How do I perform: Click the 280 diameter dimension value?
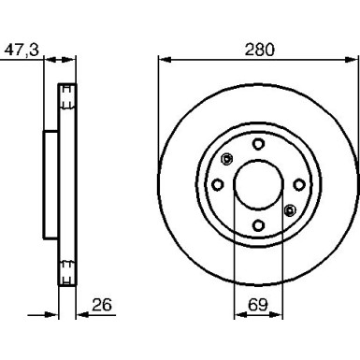pos(258,50)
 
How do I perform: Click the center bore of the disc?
pos(258,183)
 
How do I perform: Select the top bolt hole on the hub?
pos(258,142)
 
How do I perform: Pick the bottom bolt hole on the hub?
pos(258,224)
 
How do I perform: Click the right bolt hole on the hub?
pos(298,183)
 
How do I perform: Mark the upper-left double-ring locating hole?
pos(226,158)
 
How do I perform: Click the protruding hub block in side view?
pos(51,183)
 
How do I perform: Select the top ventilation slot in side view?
pos(67,96)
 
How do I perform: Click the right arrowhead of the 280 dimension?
pos(353,62)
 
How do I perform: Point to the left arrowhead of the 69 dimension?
pos(237,317)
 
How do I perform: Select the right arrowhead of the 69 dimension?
pos(280,317)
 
